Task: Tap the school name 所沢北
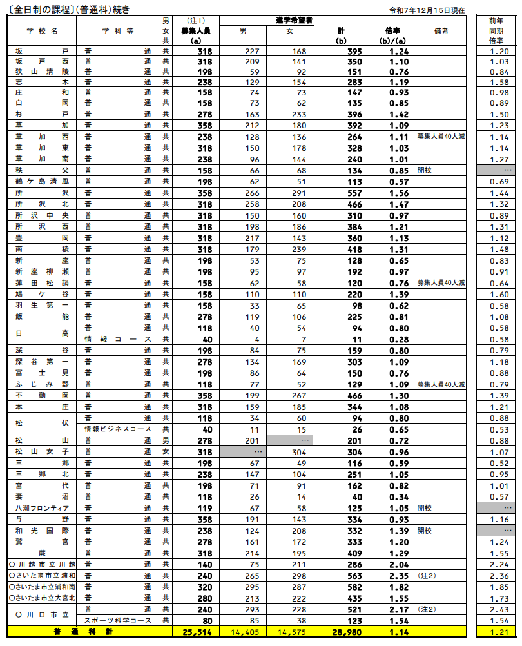pyautogui.click(x=42, y=203)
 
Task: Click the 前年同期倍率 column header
pyautogui.click(x=498, y=30)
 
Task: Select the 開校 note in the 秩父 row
pyautogui.click(x=425, y=171)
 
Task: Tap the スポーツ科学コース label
pyautogui.click(x=118, y=621)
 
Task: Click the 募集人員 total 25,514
pyautogui.click(x=197, y=634)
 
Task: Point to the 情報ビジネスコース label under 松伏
pyautogui.click(x=118, y=429)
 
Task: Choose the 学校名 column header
pyautogui.click(x=42, y=30)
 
